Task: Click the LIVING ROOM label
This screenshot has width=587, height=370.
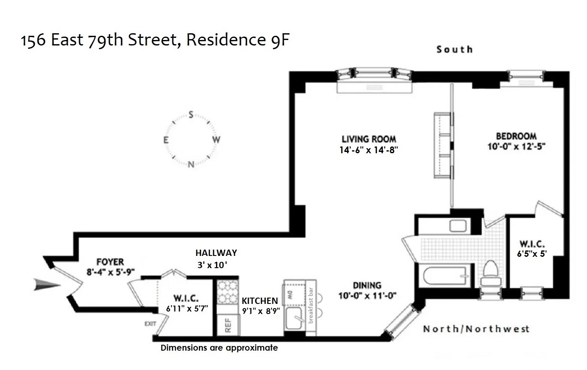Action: point(369,139)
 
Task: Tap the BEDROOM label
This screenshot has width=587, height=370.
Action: point(516,136)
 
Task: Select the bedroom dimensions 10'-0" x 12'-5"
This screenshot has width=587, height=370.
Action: point(516,146)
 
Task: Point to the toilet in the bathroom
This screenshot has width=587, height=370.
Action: point(490,272)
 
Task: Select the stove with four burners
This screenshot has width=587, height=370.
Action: point(227,292)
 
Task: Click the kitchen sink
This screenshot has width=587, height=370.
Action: point(295,319)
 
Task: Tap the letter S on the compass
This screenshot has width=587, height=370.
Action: point(191,115)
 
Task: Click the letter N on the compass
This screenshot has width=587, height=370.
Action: point(191,164)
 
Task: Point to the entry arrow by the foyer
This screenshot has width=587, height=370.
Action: point(47,285)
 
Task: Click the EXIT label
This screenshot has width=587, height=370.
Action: point(150,324)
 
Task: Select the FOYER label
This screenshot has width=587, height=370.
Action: point(110,262)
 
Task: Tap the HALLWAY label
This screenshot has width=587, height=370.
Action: point(216,253)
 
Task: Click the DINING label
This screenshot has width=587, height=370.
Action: point(367,285)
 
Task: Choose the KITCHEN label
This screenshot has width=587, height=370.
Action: point(260,301)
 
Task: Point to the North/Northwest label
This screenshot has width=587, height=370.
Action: point(476,329)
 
